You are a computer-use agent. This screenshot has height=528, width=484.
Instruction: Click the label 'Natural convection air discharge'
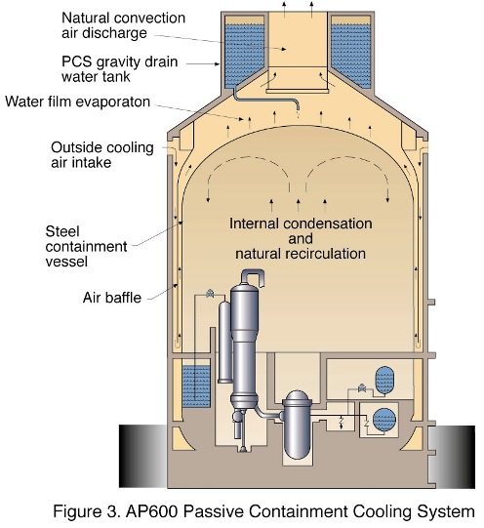(x=123, y=25)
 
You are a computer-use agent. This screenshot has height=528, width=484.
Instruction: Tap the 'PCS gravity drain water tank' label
(x=119, y=69)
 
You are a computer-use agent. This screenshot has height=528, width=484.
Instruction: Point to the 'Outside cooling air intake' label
(x=102, y=155)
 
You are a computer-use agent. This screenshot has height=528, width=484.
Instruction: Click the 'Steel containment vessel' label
(x=86, y=247)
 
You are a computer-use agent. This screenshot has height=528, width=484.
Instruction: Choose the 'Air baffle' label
(x=112, y=298)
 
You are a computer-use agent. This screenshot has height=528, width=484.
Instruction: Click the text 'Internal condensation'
(x=301, y=223)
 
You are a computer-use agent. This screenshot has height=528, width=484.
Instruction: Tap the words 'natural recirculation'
(x=301, y=254)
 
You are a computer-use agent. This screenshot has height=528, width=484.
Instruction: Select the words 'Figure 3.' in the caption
(x=87, y=511)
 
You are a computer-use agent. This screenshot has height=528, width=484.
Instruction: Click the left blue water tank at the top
(x=243, y=54)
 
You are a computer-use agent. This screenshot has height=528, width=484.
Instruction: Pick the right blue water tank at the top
(x=351, y=54)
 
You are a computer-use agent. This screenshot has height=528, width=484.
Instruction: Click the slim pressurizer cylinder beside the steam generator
(x=225, y=342)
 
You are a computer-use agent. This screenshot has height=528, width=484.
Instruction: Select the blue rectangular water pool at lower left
(x=196, y=386)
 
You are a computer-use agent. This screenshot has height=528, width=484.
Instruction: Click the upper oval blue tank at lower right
(x=384, y=380)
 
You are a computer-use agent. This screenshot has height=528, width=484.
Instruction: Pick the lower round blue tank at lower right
(x=384, y=420)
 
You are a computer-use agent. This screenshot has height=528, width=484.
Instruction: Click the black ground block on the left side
(x=143, y=456)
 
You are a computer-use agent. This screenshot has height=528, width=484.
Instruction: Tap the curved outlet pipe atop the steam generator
(x=253, y=277)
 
